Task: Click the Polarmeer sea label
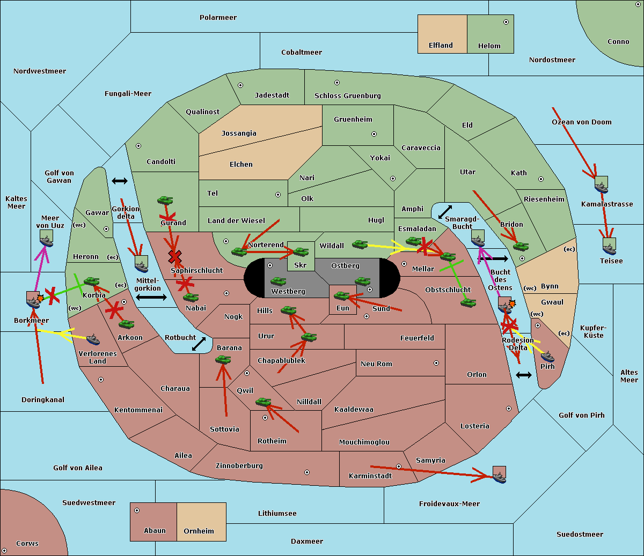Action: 218,18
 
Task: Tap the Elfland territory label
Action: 441,46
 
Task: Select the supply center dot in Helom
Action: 506,22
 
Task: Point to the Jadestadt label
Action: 272,95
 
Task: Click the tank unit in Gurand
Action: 165,201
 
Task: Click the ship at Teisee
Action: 609,247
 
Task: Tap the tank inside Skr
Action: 301,251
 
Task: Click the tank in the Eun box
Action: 341,295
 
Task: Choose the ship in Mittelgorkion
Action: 141,264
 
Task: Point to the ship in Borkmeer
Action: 33,300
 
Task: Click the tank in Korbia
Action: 91,281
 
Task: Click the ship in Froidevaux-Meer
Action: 499,475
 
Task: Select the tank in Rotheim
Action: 263,402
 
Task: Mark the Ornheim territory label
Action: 199,531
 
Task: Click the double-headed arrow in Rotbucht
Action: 199,344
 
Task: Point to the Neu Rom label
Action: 376,364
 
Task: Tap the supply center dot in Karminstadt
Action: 399,466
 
